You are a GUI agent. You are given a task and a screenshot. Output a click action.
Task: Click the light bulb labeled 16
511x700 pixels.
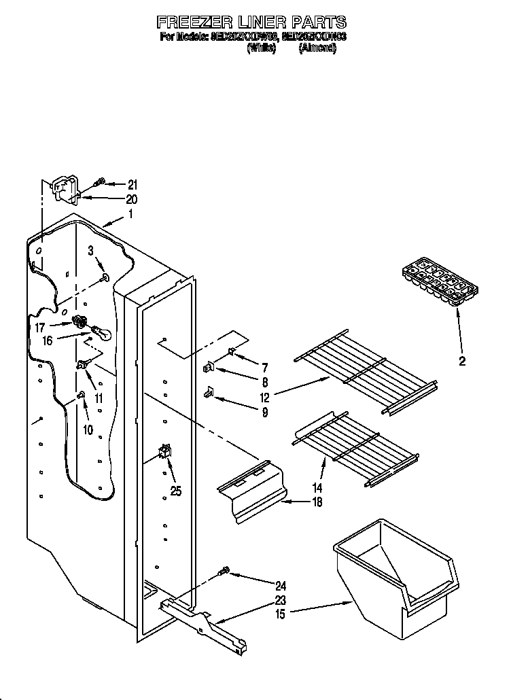[x=100, y=333]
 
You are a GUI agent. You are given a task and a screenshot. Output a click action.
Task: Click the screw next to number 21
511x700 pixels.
[x=99, y=181]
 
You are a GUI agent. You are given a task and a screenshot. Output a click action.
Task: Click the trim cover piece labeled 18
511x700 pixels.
[x=252, y=492]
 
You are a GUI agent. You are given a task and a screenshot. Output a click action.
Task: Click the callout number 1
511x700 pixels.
[x=131, y=214]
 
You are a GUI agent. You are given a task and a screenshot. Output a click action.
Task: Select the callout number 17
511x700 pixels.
[x=40, y=327]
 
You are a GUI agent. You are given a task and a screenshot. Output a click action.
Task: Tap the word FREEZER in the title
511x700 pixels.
[x=196, y=22]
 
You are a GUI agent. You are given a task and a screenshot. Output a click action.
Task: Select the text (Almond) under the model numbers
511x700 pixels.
[x=317, y=48]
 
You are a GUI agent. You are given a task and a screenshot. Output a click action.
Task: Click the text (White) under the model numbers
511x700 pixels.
[x=261, y=48]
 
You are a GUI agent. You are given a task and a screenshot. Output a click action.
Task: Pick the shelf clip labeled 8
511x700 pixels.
[x=209, y=368]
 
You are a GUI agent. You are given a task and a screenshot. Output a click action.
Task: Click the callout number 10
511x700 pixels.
[x=86, y=429]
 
